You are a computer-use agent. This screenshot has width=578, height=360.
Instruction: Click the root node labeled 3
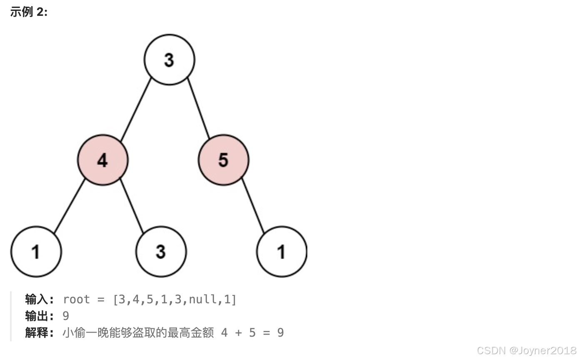tap(169, 60)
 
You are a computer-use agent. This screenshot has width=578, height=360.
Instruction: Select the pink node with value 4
tap(102, 160)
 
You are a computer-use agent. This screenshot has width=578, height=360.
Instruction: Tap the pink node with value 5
tap(223, 160)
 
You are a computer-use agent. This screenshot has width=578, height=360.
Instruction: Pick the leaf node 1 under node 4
tap(36, 251)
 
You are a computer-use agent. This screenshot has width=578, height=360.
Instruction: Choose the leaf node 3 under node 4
tap(161, 251)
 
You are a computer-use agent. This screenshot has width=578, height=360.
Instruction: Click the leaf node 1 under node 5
tap(282, 251)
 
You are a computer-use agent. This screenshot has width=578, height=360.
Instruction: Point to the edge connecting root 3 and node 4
tap(136, 109)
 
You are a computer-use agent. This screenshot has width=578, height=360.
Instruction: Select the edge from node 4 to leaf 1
tap(70, 205)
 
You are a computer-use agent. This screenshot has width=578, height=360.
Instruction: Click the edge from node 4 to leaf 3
tap(132, 205)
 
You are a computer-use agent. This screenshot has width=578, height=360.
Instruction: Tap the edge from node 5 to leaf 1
tap(253, 205)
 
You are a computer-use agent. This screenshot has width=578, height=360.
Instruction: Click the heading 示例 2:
tap(29, 12)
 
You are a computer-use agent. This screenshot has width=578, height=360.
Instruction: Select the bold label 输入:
tap(40, 300)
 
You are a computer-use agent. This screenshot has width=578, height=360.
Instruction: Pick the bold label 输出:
tap(40, 316)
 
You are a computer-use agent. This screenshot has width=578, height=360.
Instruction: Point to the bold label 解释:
tap(40, 333)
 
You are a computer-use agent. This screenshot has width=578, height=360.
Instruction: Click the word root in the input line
tap(76, 300)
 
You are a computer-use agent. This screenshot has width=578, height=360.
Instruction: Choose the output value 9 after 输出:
tap(66, 316)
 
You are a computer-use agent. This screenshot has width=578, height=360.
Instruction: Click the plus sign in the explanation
tap(238, 333)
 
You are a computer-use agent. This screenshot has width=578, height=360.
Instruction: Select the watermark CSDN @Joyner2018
tap(526, 350)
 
